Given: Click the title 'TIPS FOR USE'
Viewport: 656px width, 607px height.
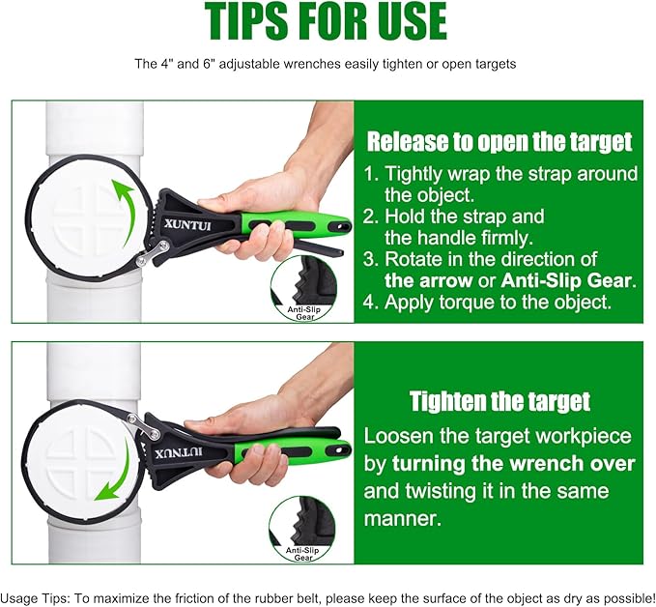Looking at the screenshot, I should (327, 23).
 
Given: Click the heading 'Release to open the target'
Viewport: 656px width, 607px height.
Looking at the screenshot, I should (499, 142).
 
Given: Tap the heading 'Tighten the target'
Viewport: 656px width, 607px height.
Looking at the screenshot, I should (499, 400).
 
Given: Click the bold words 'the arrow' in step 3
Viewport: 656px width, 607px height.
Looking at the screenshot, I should (425, 280).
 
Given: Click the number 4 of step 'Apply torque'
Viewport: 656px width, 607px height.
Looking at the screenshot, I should (372, 303).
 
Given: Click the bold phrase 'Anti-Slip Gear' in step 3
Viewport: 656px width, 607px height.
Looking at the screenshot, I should (565, 280).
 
